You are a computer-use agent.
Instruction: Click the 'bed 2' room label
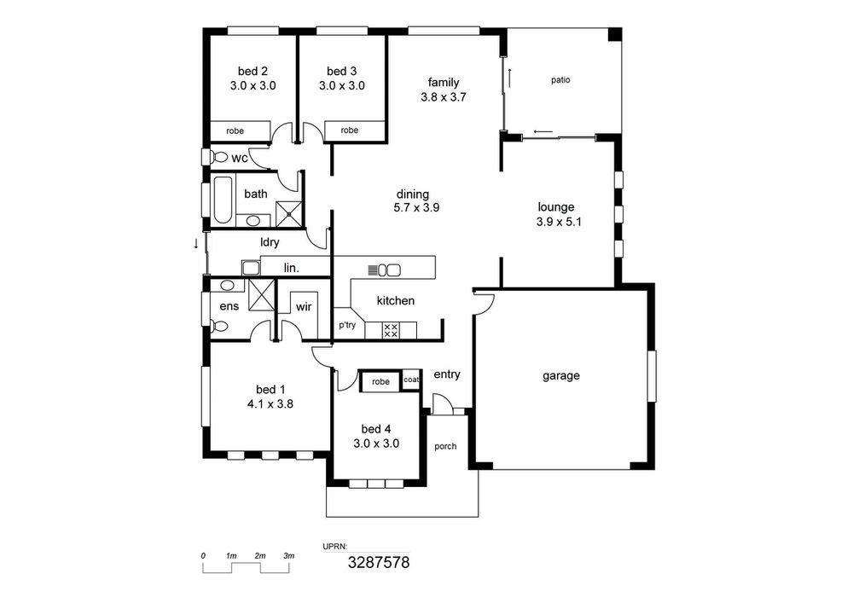click(x=252, y=72)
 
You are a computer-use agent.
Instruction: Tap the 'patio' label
click(x=560, y=80)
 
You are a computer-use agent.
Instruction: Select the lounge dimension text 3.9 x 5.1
click(x=559, y=222)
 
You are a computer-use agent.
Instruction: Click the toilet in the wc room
click(x=218, y=157)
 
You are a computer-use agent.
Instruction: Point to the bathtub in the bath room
click(x=222, y=200)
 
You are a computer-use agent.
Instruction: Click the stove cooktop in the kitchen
click(x=391, y=331)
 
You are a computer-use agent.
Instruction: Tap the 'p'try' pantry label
click(x=347, y=325)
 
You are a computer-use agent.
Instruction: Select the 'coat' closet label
click(x=411, y=380)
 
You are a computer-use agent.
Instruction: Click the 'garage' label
click(x=561, y=376)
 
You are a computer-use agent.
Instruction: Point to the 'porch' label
click(x=445, y=446)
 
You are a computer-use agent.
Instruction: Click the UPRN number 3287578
click(x=379, y=562)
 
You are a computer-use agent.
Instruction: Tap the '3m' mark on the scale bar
click(x=289, y=556)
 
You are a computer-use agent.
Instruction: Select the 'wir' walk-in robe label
click(x=304, y=307)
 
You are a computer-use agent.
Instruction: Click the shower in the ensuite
click(x=260, y=294)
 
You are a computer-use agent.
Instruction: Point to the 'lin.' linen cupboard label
click(x=292, y=268)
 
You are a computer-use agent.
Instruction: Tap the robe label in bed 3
click(x=349, y=130)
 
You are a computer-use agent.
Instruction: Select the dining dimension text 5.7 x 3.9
click(x=416, y=207)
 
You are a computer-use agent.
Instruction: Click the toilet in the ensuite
click(x=219, y=327)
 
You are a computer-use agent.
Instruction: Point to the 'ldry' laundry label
click(x=270, y=242)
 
